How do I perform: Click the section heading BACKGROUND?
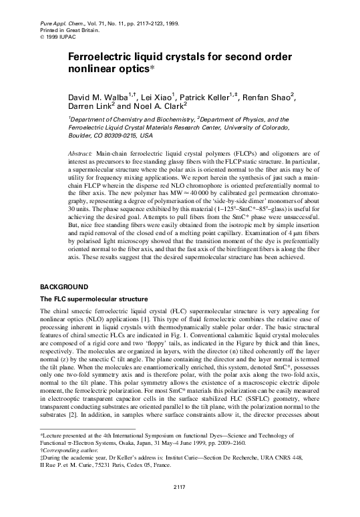coord(65,287)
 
